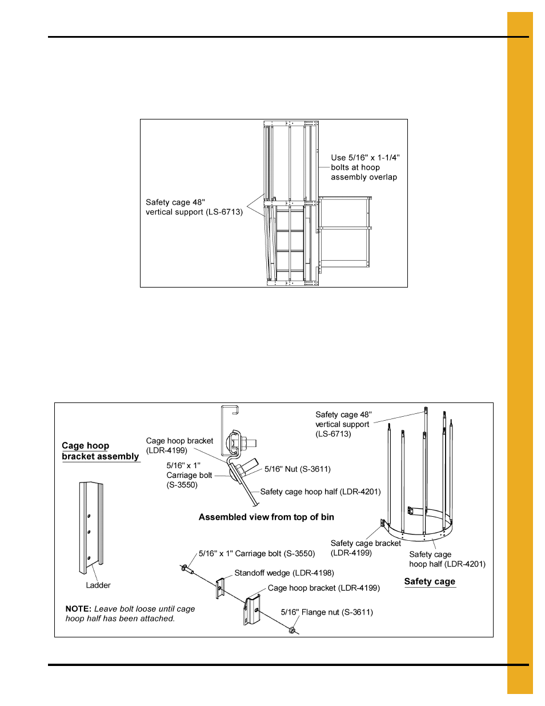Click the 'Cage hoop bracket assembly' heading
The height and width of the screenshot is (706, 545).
click(100, 451)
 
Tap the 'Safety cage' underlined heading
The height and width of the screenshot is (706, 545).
click(430, 581)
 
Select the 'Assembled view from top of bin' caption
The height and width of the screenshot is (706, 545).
click(266, 517)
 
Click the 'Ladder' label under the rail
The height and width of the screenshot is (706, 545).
click(98, 585)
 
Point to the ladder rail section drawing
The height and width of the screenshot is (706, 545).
click(91, 526)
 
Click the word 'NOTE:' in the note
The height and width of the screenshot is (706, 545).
click(78, 609)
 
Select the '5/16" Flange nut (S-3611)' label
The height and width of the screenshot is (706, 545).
click(327, 612)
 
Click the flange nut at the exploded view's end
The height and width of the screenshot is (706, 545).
click(292, 631)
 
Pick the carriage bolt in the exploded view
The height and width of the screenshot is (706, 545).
click(187, 569)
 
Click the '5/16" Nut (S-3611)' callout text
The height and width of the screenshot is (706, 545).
click(297, 469)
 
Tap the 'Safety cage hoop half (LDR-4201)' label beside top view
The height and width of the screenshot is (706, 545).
click(320, 492)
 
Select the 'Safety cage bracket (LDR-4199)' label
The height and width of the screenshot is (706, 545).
click(366, 548)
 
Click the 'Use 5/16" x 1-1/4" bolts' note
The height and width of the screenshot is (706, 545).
click(365, 167)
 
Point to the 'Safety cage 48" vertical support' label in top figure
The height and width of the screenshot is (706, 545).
click(194, 207)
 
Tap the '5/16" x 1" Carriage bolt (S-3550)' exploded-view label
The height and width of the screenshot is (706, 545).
click(257, 553)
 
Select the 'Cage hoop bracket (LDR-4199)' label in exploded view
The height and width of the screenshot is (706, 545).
click(323, 588)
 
